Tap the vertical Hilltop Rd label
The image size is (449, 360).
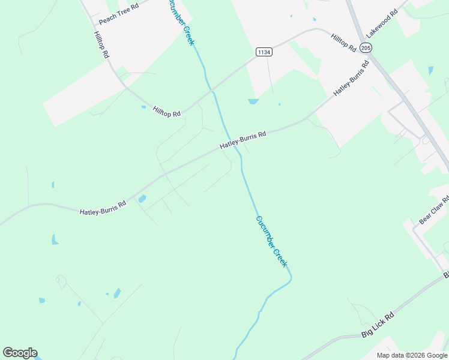coord(101,44)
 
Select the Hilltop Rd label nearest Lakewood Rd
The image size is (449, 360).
coord(344,41)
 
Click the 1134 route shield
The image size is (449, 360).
coord(264,52)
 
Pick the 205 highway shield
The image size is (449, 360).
coord(367,47)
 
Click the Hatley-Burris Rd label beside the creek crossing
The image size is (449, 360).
coord(242,140)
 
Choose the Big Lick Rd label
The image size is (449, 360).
coord(378,325)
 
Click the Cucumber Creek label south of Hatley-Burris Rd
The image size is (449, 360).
coord(272,241)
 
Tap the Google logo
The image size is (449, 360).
coord(20,353)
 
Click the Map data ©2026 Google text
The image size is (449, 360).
coord(411,355)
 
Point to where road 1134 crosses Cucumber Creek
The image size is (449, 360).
coord(212,91)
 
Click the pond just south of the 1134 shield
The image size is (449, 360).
coord(253,101)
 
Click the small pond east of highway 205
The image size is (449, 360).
coord(431,70)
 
